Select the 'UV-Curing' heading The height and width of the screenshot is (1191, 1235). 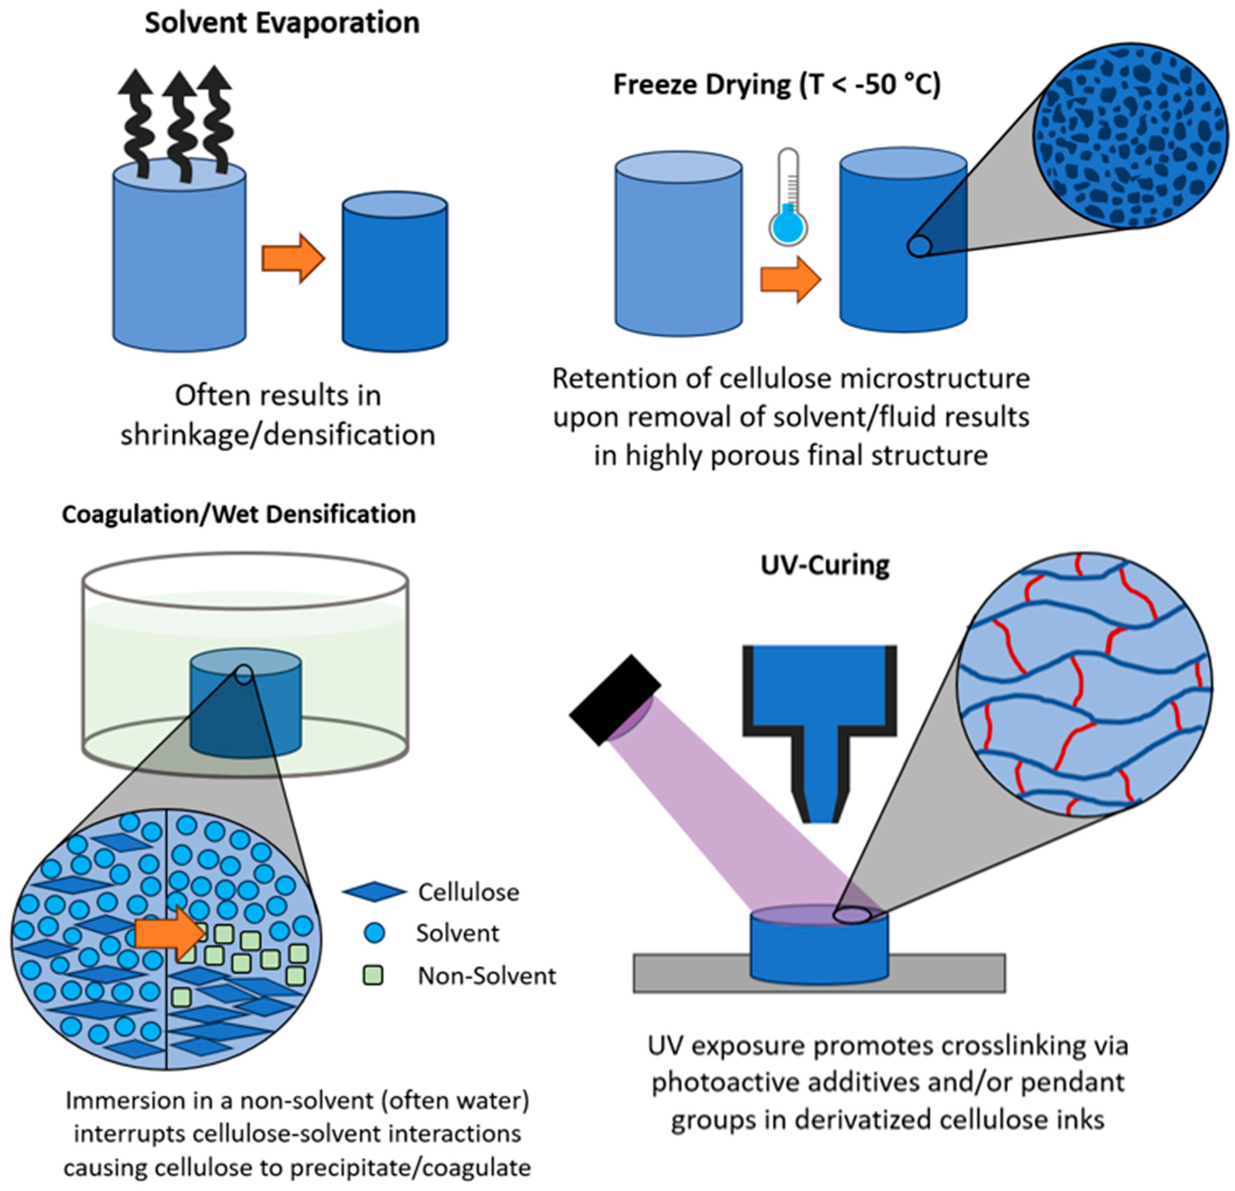coord(825,565)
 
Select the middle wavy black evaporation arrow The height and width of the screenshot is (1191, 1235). coord(182,123)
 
